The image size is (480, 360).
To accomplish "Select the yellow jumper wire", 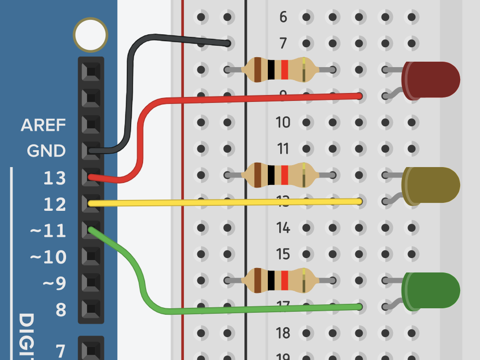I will click(224, 202).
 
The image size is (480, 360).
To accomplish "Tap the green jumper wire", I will click(248, 309).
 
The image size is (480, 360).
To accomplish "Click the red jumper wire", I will click(248, 97).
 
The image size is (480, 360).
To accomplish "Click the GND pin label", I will click(46, 151).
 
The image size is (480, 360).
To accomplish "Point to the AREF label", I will click(43, 125).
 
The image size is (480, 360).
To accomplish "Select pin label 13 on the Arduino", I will click(54, 178).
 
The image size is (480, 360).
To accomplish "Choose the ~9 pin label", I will click(54, 283).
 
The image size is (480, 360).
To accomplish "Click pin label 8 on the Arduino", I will click(60, 310).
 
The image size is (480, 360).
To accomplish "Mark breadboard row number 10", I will click(283, 122).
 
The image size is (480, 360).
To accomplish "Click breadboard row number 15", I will click(283, 254).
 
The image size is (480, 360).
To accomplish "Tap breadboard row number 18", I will click(283, 333).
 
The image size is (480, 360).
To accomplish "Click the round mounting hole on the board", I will click(90, 35).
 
